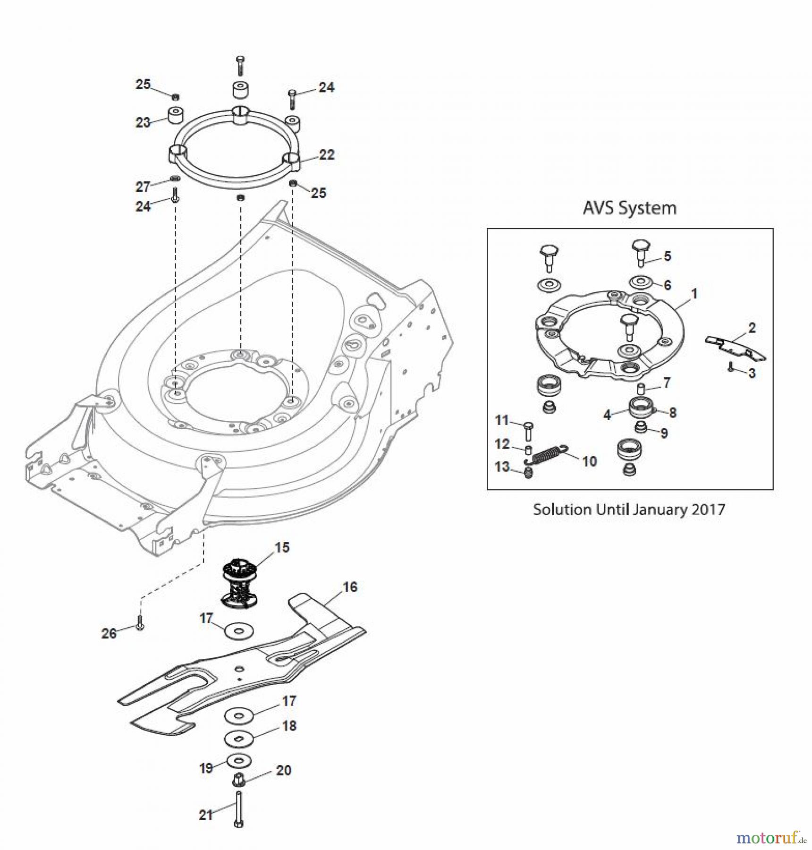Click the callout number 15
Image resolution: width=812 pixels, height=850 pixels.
coord(282,548)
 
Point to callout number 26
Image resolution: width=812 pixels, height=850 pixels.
coord(109,633)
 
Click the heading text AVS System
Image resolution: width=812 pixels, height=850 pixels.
coord(629,208)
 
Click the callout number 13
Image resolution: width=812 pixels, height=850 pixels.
coord(502,467)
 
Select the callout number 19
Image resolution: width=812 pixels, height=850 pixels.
coord(206,768)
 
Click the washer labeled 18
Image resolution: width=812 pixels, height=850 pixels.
coord(239,738)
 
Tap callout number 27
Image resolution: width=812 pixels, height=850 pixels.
coord(143,187)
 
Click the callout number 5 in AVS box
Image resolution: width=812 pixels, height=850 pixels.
coord(667,256)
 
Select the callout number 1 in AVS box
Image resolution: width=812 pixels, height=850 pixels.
coord(694,294)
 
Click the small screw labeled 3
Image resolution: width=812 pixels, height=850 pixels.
coord(730,368)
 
